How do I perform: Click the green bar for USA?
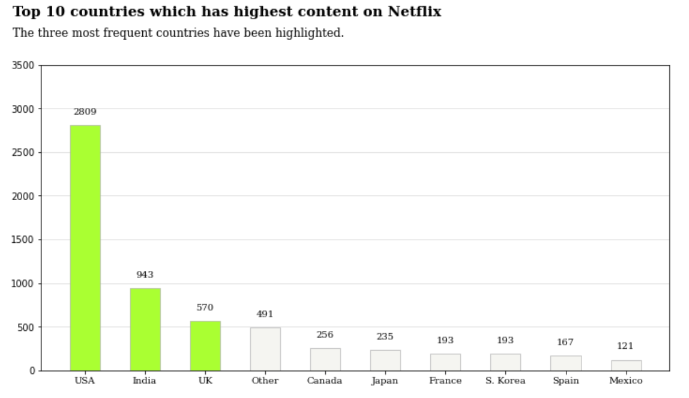85,248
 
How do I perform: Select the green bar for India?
145,329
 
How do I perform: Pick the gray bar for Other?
265,349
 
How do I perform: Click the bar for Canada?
325,359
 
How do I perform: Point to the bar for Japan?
385,360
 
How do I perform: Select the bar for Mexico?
626,365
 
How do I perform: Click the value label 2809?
85,111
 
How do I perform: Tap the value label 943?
145,275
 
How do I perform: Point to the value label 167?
565,342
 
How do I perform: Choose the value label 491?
265,314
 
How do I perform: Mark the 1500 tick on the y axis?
23,240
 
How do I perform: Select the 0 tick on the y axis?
32,371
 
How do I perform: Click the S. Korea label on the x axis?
505,381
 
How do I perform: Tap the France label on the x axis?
445,381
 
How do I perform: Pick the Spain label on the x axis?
565,381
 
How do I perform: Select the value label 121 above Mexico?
625,346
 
